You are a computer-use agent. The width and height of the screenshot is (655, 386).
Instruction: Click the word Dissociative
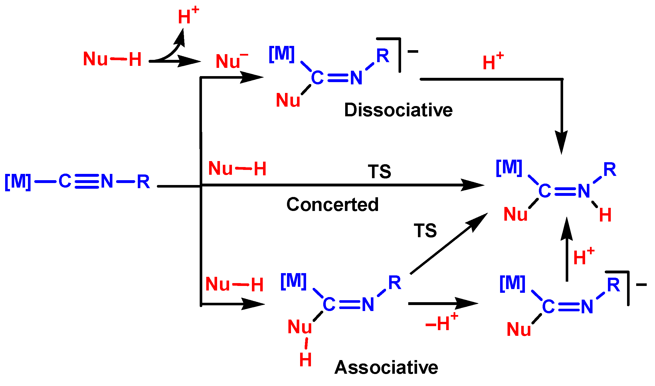click(x=398, y=110)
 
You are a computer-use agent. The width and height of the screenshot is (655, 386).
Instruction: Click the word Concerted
click(x=332, y=204)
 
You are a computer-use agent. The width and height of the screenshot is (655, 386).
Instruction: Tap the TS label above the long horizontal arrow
click(x=379, y=172)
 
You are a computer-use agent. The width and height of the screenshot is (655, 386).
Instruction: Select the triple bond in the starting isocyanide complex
click(x=87, y=181)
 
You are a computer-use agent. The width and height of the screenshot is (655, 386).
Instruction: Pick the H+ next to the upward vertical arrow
click(x=583, y=257)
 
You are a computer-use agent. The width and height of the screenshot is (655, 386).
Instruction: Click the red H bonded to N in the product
click(x=605, y=215)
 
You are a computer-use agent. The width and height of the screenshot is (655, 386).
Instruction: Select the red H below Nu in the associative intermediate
click(x=305, y=360)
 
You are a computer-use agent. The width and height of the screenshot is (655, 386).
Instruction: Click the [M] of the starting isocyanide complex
click(x=18, y=181)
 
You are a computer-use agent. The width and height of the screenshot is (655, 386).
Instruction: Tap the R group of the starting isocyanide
click(x=143, y=181)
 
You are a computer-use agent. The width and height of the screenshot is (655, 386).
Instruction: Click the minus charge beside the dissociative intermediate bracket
click(x=413, y=52)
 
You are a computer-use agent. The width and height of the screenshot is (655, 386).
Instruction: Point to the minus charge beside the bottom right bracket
click(x=641, y=285)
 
